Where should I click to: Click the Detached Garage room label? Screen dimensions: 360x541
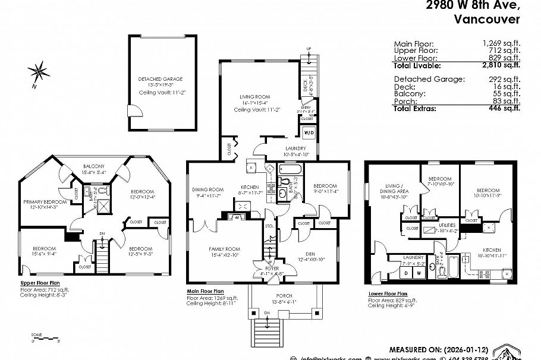click(161, 78)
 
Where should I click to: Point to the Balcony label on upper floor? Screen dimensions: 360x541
click(94, 166)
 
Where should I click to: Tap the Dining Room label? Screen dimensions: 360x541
click(206, 190)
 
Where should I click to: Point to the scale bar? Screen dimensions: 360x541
click(45, 337)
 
